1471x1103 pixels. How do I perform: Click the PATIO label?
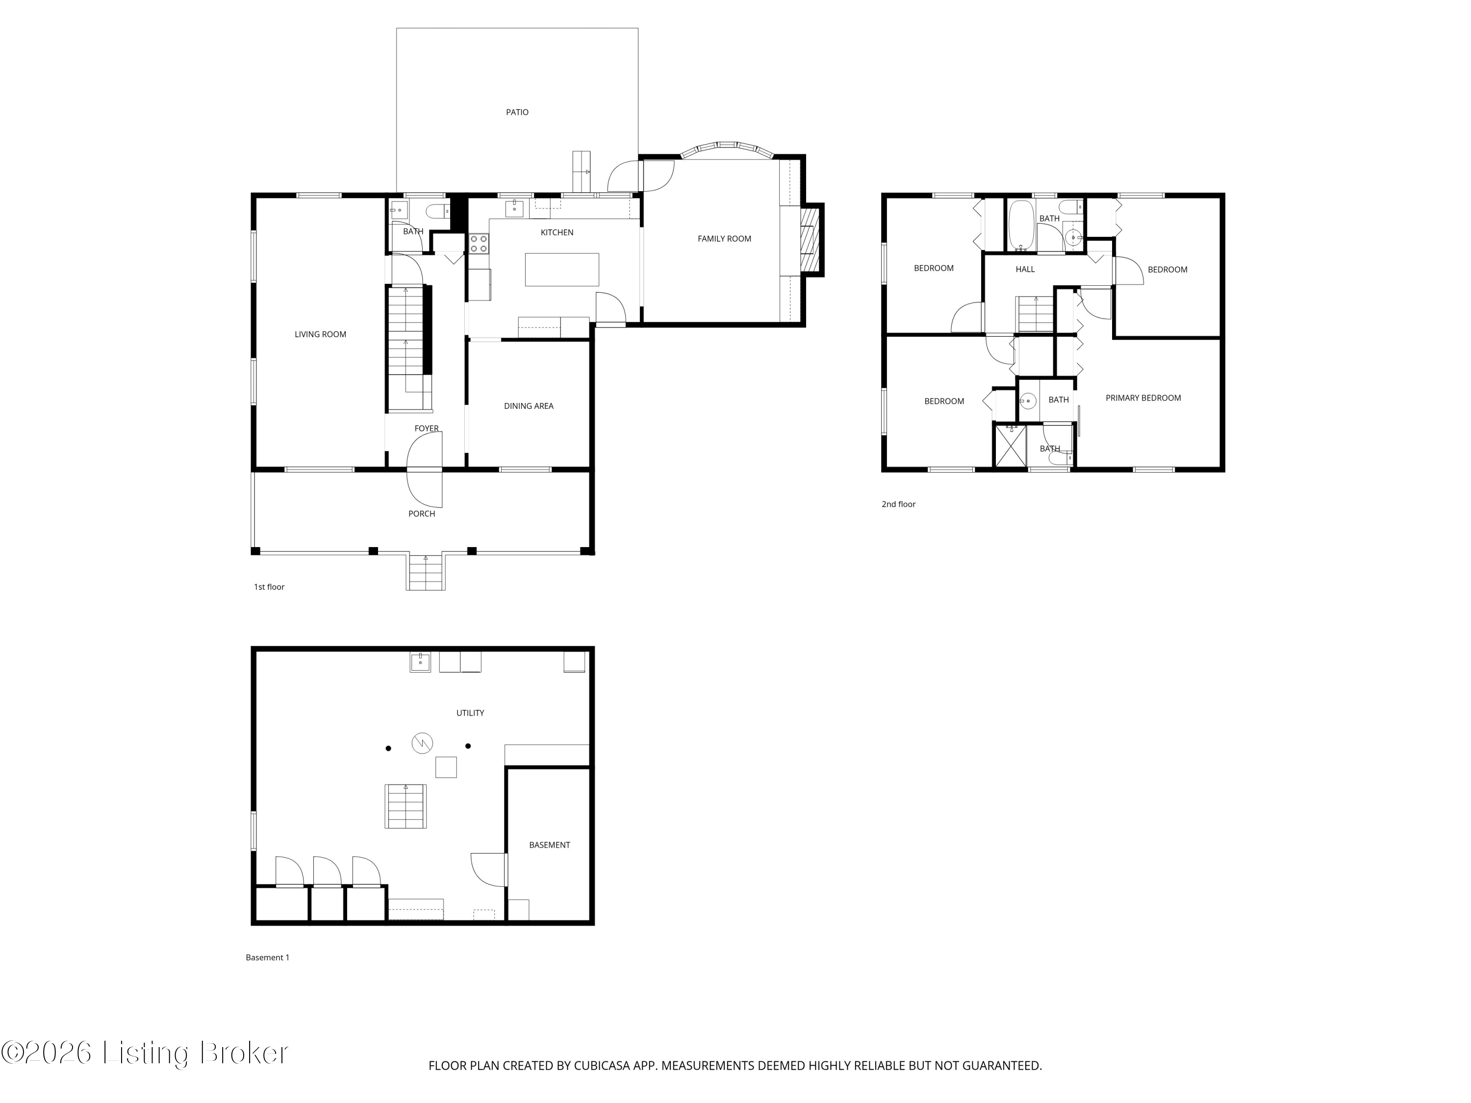(517, 112)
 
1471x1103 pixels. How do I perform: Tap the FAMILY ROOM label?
(724, 239)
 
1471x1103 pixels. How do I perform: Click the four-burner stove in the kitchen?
(479, 243)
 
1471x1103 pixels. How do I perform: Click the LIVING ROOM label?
(321, 334)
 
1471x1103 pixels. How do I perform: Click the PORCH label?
(422, 513)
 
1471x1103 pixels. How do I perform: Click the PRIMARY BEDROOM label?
(1143, 398)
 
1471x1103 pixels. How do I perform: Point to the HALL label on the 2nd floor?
(1025, 269)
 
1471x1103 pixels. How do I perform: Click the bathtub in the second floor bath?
(1021, 226)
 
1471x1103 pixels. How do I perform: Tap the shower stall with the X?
(1010, 446)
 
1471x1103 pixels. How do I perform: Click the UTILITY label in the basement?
(470, 713)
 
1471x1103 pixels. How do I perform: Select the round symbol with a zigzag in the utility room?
(422, 743)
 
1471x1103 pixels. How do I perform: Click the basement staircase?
(406, 806)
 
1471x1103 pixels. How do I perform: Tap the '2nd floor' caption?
(898, 504)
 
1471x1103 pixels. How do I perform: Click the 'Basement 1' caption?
(267, 957)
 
